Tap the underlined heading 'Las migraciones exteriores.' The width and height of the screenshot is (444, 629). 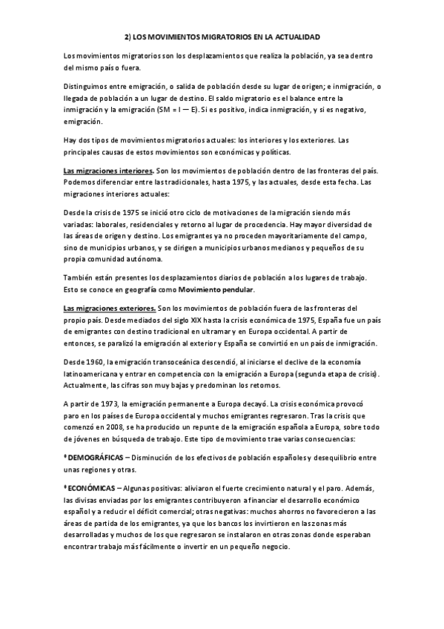pos(105,308)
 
